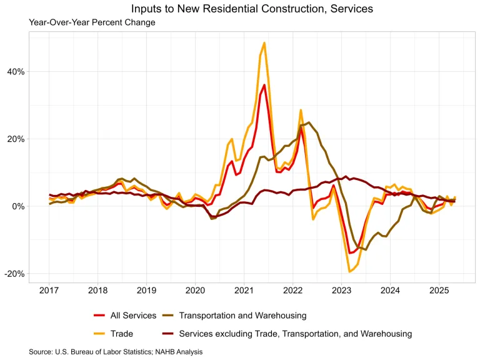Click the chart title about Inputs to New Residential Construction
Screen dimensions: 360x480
[x=252, y=9]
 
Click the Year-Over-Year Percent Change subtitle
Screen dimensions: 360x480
[x=92, y=22]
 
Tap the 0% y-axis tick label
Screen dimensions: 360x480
[x=19, y=206]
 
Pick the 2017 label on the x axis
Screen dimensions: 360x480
[x=49, y=290]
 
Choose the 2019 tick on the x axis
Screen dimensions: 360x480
[x=146, y=290]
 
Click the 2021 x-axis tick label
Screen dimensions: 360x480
[x=244, y=290]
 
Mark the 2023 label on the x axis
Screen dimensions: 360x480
[x=341, y=290]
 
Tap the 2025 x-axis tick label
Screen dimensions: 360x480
[x=438, y=290]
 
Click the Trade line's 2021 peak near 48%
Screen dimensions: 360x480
[x=264, y=43]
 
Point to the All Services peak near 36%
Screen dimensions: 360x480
[x=264, y=85]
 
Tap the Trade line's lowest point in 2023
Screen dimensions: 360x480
[x=349, y=271]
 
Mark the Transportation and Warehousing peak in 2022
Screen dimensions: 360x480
[x=309, y=122]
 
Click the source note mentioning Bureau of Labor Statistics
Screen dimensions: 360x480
[x=116, y=352]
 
